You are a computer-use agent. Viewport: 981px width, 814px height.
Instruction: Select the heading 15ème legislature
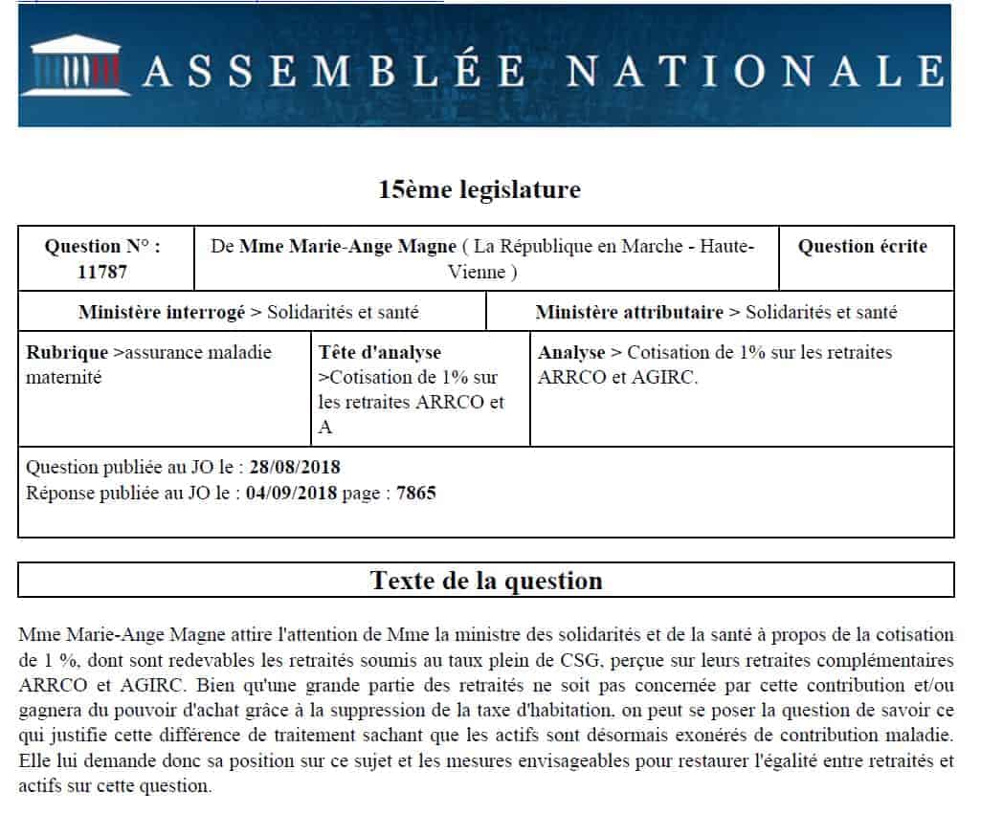pyautogui.click(x=479, y=189)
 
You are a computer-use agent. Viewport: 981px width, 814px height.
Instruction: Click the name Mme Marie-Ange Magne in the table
pyautogui.click(x=347, y=247)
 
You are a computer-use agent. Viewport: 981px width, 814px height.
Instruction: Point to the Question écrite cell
pyautogui.click(x=862, y=247)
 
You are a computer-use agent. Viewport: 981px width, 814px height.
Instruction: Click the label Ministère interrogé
pyautogui.click(x=161, y=312)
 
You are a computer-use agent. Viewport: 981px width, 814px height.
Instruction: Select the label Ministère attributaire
pyautogui.click(x=629, y=312)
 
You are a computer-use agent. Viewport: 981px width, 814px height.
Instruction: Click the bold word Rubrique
pyautogui.click(x=67, y=352)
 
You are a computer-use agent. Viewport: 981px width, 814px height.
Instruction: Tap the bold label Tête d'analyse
pyautogui.click(x=380, y=352)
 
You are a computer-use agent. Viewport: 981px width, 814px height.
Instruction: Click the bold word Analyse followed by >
pyautogui.click(x=572, y=352)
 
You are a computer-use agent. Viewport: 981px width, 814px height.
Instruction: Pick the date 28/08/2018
pyautogui.click(x=295, y=468)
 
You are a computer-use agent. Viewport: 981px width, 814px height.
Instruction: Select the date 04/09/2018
pyautogui.click(x=291, y=494)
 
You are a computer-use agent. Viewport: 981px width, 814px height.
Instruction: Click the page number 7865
pyautogui.click(x=416, y=494)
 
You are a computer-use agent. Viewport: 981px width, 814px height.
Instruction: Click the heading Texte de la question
pyautogui.click(x=486, y=581)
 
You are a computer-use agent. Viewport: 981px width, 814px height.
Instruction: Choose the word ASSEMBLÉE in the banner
pyautogui.click(x=334, y=70)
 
